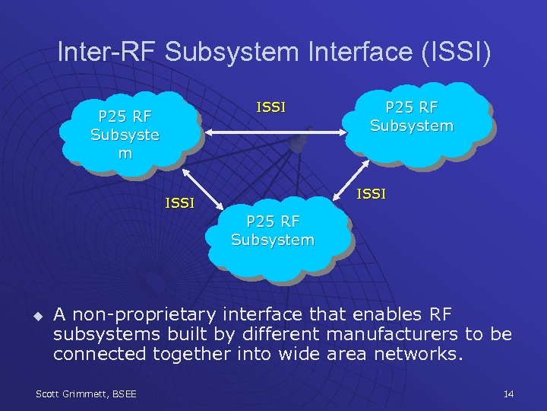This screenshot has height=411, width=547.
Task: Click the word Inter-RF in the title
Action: (106, 53)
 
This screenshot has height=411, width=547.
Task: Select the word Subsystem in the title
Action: (229, 53)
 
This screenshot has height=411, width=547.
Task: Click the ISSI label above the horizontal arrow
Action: (271, 107)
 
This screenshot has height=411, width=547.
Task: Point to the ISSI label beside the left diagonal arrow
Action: (180, 203)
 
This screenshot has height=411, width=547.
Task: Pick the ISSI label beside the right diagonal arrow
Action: (372, 194)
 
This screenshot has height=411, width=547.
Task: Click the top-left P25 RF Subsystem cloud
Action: (125, 135)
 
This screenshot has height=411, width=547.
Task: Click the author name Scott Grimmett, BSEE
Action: (87, 393)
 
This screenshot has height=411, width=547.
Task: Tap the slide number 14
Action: (508, 393)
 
